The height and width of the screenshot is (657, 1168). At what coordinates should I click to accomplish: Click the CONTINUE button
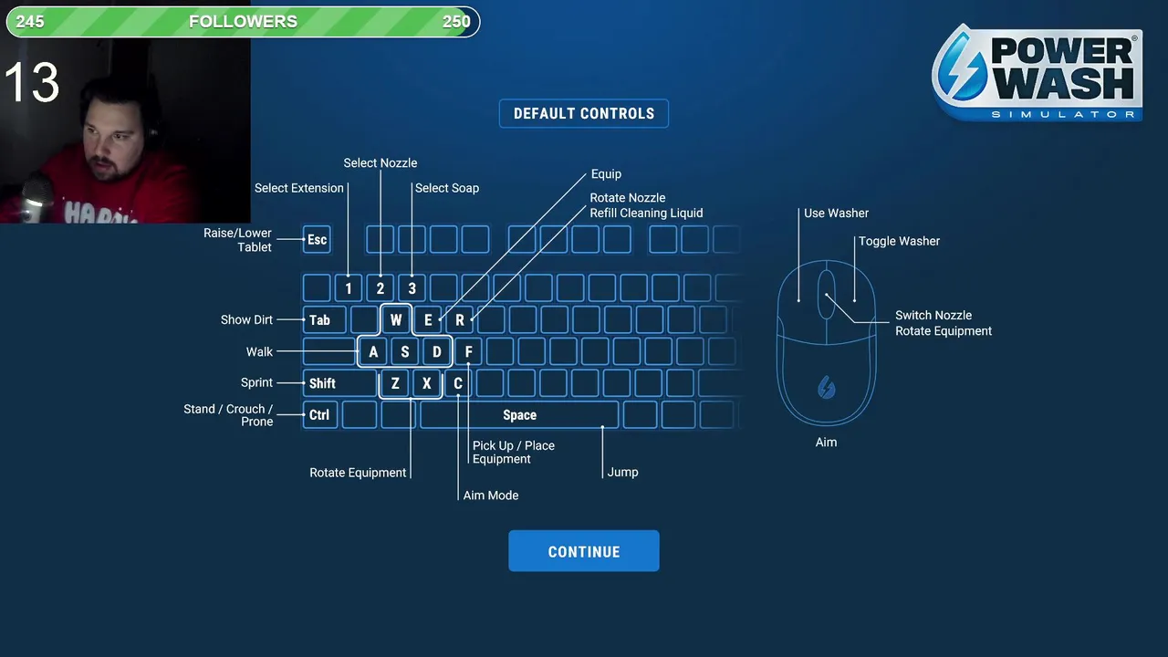pos(583,551)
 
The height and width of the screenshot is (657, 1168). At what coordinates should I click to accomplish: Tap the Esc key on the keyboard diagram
pos(317,240)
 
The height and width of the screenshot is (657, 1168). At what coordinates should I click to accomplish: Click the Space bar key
pos(519,415)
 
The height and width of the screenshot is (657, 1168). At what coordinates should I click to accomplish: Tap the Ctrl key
pos(319,415)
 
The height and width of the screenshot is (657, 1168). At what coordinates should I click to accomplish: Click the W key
pos(396,320)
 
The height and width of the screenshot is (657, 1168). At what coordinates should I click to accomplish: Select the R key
pos(460,320)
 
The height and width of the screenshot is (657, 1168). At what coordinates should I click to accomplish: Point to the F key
pos(468,352)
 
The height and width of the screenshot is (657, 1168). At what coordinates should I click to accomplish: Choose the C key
pos(458,383)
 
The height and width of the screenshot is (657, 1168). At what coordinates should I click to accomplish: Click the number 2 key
pos(381,288)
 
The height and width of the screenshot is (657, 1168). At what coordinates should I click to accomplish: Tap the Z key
pos(395,383)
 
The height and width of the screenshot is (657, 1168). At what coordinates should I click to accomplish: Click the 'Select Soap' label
pos(446,188)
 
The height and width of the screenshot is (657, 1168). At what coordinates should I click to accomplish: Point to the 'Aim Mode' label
pos(491,495)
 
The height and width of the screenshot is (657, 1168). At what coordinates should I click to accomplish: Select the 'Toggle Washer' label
pos(899,241)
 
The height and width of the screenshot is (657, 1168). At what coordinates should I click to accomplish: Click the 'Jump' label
pos(622,472)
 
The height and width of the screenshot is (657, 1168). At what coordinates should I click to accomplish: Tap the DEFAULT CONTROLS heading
pos(584,114)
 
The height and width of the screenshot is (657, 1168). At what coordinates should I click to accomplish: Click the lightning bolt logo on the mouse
pos(826,388)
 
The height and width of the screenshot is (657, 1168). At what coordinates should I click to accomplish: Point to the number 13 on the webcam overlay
pos(32,83)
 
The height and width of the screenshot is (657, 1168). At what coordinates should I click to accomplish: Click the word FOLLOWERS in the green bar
pos(243,22)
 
